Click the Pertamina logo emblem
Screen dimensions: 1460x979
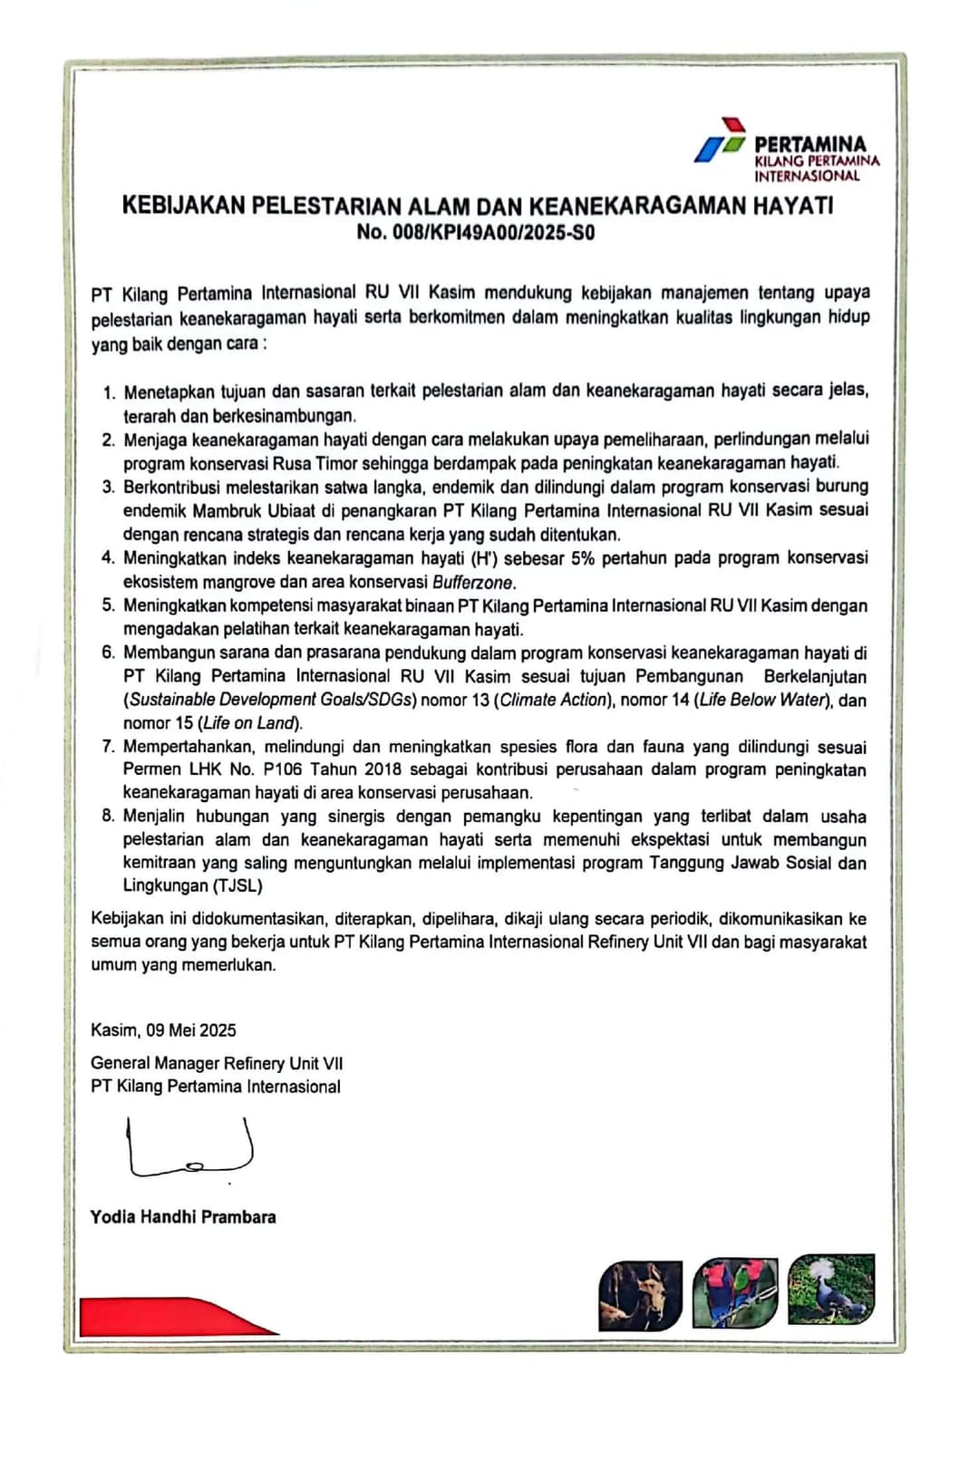pyautogui.click(x=721, y=141)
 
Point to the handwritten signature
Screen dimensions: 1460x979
pyautogui.click(x=190, y=1149)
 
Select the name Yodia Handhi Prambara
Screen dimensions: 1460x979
pyautogui.click(x=183, y=1217)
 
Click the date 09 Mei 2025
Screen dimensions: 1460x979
pyautogui.click(x=192, y=1030)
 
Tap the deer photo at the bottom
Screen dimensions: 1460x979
pyautogui.click(x=640, y=1295)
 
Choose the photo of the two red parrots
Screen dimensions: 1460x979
pyautogui.click(x=735, y=1292)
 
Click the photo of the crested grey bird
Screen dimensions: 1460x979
pyautogui.click(x=831, y=1289)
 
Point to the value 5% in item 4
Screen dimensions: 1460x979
pyautogui.click(x=583, y=558)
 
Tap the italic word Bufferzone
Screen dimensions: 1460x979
pyautogui.click(x=473, y=583)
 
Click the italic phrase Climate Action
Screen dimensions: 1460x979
pyautogui.click(x=553, y=700)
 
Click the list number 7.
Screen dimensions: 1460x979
pyautogui.click(x=108, y=747)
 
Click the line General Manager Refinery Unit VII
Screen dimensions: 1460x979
pyautogui.click(x=217, y=1063)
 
